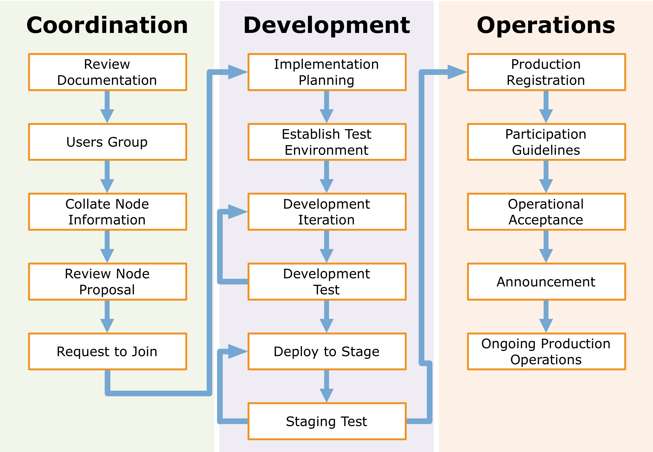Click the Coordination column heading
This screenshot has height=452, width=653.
tap(107, 25)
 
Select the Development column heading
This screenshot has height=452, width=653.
tap(327, 25)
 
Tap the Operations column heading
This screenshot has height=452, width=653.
tap(546, 25)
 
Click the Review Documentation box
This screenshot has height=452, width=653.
tap(108, 72)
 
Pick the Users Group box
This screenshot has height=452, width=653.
tap(108, 142)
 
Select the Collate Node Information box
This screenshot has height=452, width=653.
tap(108, 212)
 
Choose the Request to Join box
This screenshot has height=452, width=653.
tap(108, 351)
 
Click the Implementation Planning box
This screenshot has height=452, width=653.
tap(327, 72)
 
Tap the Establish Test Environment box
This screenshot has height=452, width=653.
tap(327, 142)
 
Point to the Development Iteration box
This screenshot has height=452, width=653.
tap(327, 212)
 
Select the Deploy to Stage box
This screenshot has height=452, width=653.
tap(327, 351)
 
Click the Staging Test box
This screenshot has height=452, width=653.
tap(327, 421)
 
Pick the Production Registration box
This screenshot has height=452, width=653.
tap(547, 72)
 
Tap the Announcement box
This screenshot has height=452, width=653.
tap(547, 282)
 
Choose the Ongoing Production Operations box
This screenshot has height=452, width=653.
tap(547, 351)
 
